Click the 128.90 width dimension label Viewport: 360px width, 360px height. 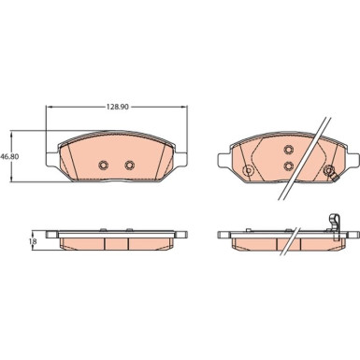pyautogui.click(x=118, y=107)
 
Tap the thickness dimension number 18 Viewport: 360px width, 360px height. pyautogui.click(x=34, y=241)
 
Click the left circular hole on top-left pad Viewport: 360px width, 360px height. pyautogui.click(x=103, y=165)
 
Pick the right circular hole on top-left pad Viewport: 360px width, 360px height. pyautogui.click(x=130, y=165)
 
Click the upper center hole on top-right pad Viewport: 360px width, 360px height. pyautogui.click(x=289, y=150)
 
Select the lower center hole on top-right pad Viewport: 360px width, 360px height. pyautogui.click(x=289, y=166)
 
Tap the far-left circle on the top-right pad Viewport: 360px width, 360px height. pyautogui.click(x=248, y=170)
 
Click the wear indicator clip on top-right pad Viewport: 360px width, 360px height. pyautogui.click(x=330, y=172)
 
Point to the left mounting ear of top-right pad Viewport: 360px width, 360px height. pyautogui.click(x=224, y=160)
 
